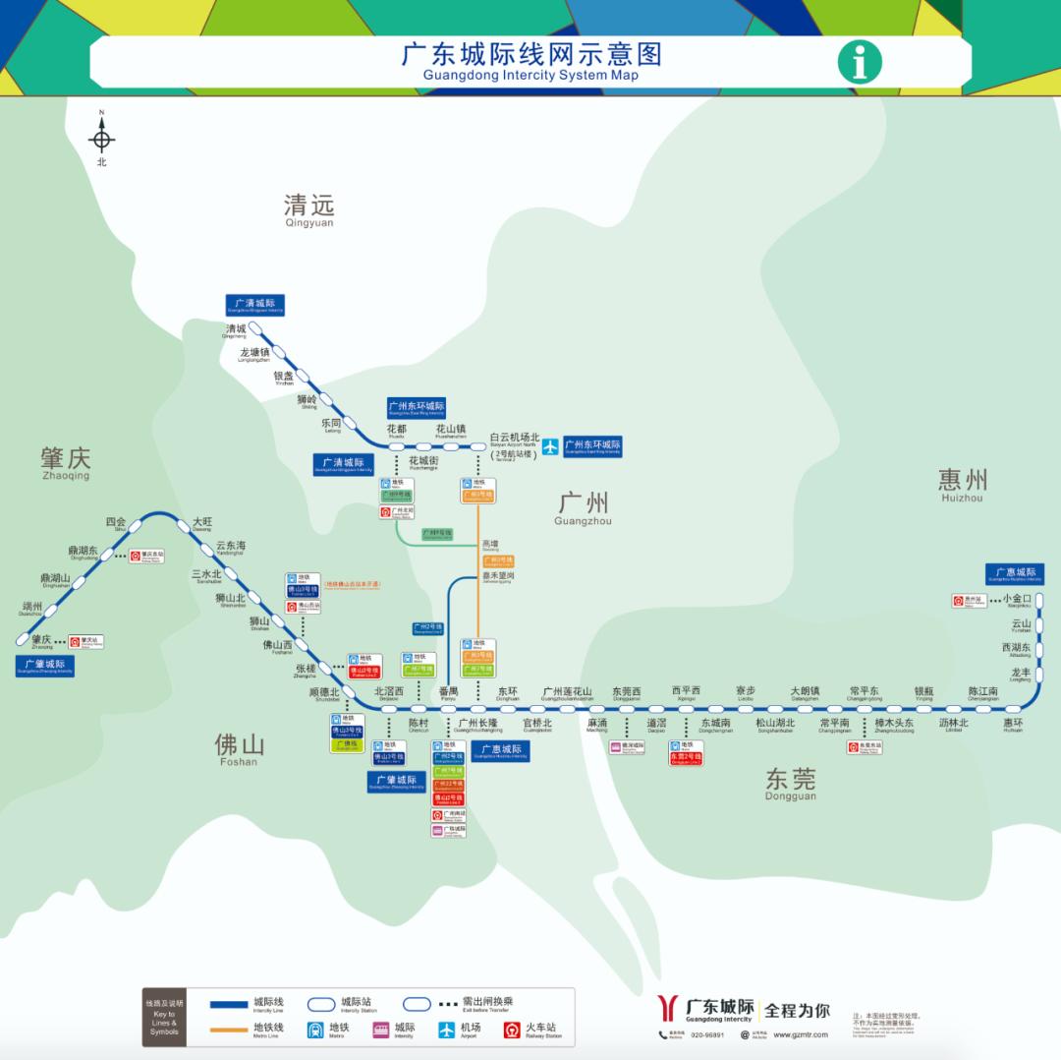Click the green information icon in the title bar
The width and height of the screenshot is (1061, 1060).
(860, 62)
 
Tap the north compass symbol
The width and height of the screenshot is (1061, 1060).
(101, 139)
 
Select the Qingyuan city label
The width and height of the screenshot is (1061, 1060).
(308, 209)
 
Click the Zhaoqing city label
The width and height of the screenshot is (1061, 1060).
(65, 462)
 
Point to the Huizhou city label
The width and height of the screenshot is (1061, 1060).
(962, 484)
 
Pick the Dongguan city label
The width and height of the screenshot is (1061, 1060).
(790, 784)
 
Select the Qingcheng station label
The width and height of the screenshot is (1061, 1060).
(236, 331)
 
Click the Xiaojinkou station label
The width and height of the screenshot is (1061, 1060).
(1017, 599)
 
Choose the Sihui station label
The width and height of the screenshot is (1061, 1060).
(116, 524)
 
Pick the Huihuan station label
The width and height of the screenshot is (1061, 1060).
(1013, 725)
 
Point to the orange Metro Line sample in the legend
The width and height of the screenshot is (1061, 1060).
(230, 1030)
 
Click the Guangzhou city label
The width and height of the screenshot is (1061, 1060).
(583, 505)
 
